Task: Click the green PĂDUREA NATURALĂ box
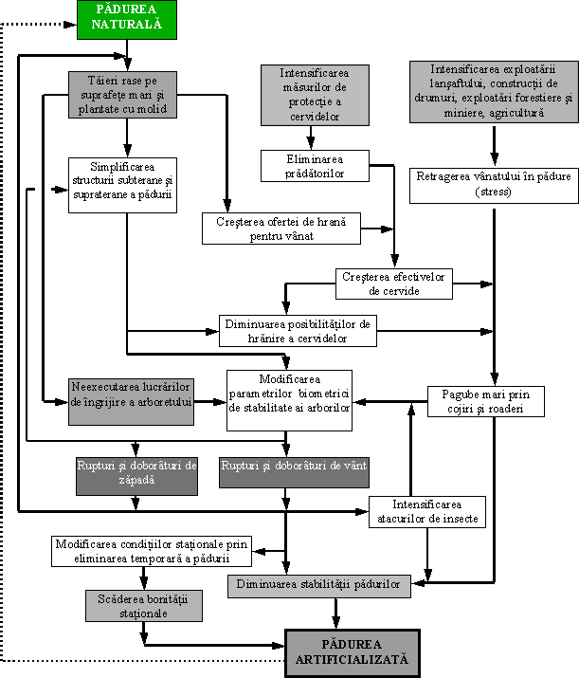point(127,20)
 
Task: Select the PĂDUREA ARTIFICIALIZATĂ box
point(353,652)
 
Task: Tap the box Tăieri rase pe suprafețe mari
point(122,95)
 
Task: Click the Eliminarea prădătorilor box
point(315,166)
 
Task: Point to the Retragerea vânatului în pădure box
point(494,186)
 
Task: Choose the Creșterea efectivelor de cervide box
point(394,284)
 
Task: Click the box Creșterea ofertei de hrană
point(281,229)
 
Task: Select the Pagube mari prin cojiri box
point(486,402)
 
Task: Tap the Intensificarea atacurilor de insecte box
point(426,512)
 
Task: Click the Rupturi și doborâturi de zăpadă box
point(136,476)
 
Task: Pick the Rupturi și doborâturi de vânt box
point(294,472)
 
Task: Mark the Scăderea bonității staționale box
point(144,606)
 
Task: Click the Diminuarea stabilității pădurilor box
point(319,586)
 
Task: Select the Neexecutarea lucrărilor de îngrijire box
point(131,402)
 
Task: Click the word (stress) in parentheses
point(493,192)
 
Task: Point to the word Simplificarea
point(122,167)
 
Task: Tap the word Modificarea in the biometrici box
point(290,379)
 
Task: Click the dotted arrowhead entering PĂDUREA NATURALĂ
point(70,25)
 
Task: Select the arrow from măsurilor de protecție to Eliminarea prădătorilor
point(311,137)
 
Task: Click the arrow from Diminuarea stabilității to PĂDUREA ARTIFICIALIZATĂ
point(335,614)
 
